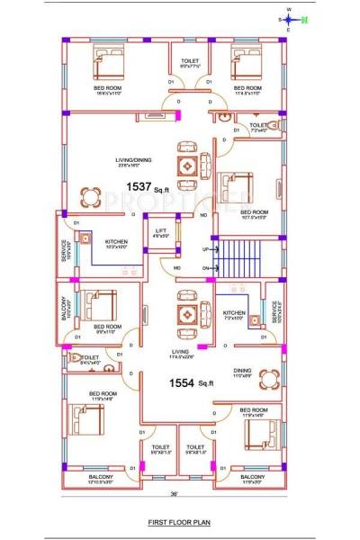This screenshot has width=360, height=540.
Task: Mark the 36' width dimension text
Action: coord(174,494)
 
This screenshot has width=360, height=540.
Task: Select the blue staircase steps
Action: coord(236,258)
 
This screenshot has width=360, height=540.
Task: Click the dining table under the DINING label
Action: coord(267,380)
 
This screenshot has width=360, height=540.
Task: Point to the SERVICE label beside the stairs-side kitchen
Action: coord(276,309)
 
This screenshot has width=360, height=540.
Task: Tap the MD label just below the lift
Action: coord(176,268)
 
